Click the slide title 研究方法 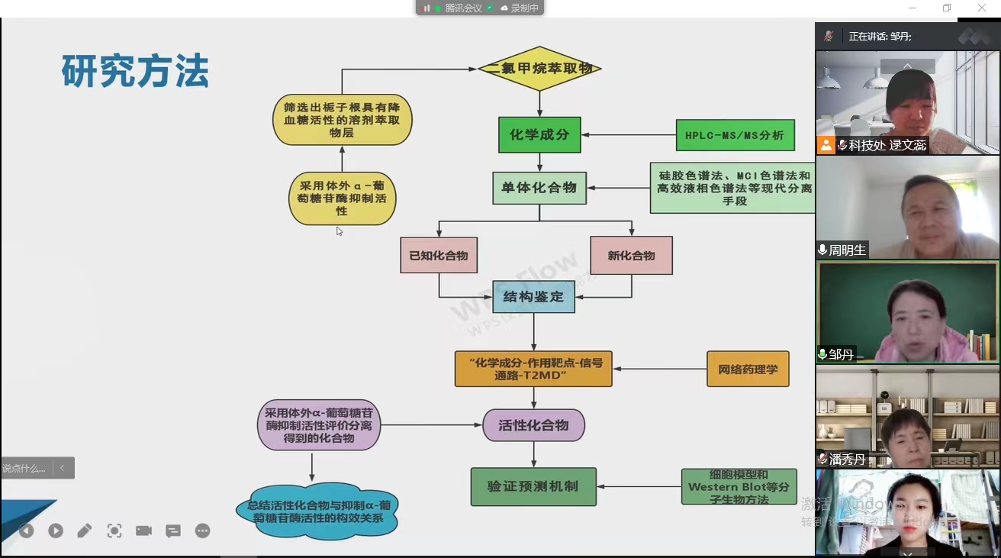click(135, 73)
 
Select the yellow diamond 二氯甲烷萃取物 click(539, 69)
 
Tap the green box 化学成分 click(539, 135)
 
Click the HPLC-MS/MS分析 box click(735, 135)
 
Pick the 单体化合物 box click(539, 188)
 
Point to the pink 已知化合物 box click(439, 255)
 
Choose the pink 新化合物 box click(631, 255)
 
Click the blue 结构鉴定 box click(533, 297)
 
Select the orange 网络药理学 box click(748, 369)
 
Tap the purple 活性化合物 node click(533, 425)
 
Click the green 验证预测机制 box click(533, 486)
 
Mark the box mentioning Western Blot click(739, 486)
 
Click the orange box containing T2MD click(533, 369)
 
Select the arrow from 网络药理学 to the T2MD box click(660, 369)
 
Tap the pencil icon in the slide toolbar click(85, 531)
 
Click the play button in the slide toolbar click(56, 531)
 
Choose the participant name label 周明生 click(848, 250)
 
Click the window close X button click(982, 8)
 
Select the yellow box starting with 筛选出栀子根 click(342, 120)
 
